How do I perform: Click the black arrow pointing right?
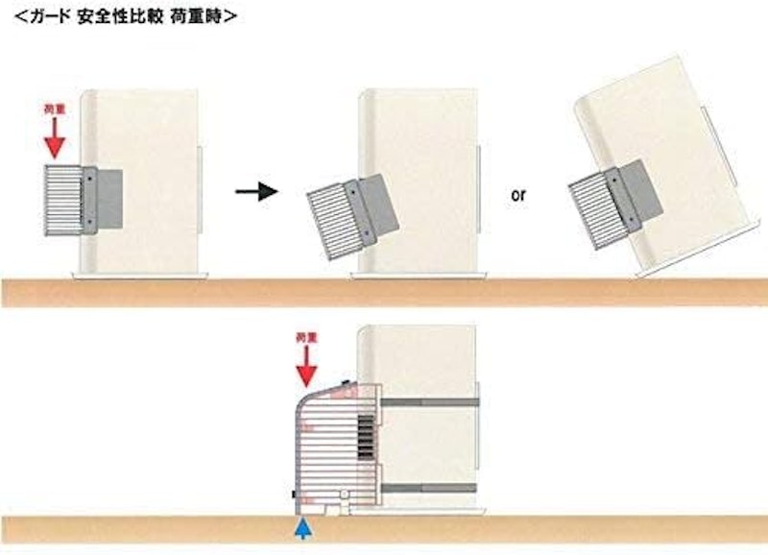tap(256, 191)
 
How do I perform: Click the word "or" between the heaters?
tap(518, 195)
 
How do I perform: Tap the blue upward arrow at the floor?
tap(304, 529)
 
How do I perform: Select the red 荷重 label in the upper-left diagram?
tap(55, 109)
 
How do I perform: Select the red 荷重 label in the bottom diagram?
tap(306, 337)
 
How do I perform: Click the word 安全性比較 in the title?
tap(120, 16)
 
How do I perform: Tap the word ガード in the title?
tap(50, 16)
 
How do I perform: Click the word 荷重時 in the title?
tap(196, 16)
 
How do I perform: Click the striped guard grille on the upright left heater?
tap(63, 201)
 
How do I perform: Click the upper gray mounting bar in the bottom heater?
tap(429, 402)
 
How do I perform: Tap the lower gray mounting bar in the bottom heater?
tap(428, 488)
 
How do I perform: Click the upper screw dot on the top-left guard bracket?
tap(89, 180)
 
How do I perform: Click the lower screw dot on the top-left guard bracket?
tap(89, 222)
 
